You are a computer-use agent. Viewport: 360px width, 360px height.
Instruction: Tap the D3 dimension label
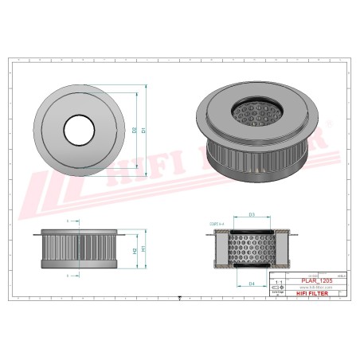[252, 214]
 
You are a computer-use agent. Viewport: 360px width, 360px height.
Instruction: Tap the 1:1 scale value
[277, 282]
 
